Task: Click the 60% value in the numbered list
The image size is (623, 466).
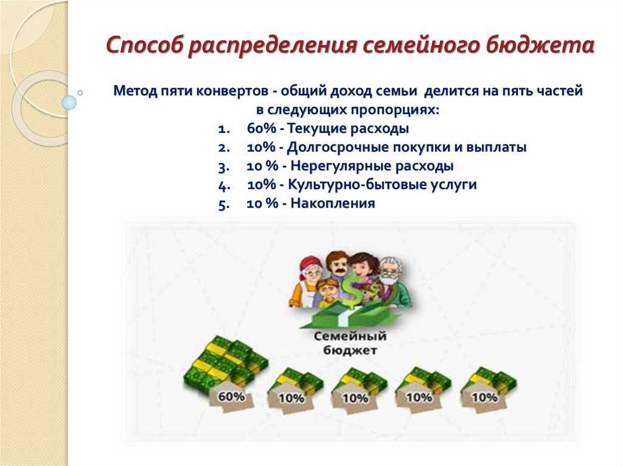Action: (261, 128)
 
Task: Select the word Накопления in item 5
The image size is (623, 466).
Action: (333, 204)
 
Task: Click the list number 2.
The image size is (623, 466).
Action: (223, 148)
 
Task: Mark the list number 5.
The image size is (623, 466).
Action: (223, 204)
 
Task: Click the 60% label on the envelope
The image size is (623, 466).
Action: (231, 396)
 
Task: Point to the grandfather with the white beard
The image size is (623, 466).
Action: (394, 280)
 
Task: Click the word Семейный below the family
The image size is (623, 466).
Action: (350, 336)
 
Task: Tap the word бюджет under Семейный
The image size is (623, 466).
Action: (350, 350)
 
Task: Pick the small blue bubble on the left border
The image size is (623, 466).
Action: (69, 103)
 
